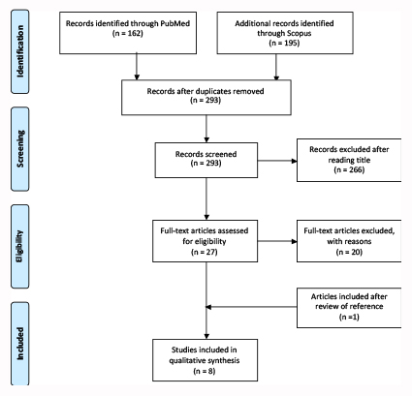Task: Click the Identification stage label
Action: [20, 51]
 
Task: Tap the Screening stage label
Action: [20, 149]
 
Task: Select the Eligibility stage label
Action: [20, 246]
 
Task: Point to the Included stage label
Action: [20, 344]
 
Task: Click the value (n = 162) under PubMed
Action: [128, 33]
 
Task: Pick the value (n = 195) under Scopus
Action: [284, 43]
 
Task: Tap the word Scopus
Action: [298, 33]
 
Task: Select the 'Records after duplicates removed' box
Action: [206, 98]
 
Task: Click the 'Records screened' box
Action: [206, 160]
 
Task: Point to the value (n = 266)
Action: [349, 169]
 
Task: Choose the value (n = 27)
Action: [205, 252]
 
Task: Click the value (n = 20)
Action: [349, 252]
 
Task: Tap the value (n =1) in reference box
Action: [349, 317]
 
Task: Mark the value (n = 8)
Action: [205, 371]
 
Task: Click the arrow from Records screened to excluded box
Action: [277, 161]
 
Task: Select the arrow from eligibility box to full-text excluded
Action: [277, 241]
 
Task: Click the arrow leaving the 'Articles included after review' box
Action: [251, 307]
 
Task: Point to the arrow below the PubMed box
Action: [137, 67]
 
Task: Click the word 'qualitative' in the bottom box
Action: [187, 360]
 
